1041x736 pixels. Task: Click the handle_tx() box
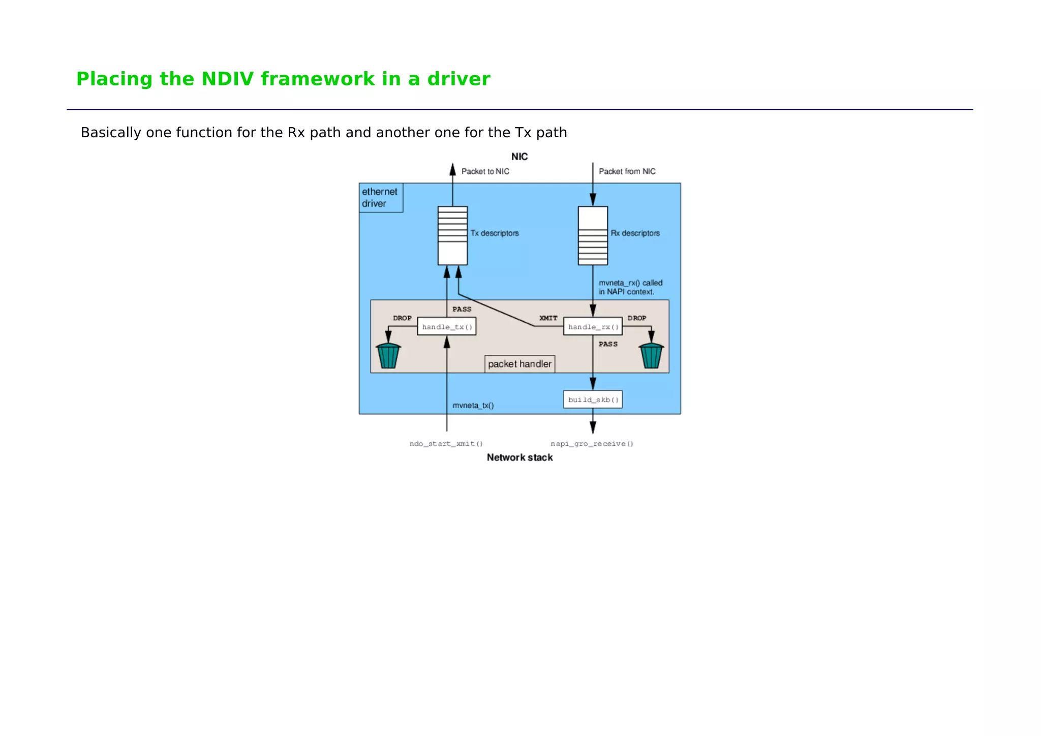click(x=446, y=326)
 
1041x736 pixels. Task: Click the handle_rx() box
click(x=593, y=326)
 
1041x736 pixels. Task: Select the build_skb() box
click(x=593, y=400)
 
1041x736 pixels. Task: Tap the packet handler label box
click(x=519, y=364)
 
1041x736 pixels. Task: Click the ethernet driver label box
click(x=380, y=198)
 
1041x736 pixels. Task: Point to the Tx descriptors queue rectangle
click(x=452, y=235)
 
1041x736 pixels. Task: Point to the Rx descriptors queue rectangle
click(x=593, y=235)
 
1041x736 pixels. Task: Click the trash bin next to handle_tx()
click(x=388, y=355)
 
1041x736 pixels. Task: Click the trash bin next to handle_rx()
click(x=651, y=355)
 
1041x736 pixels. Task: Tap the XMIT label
click(x=548, y=318)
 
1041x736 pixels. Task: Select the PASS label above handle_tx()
click(x=462, y=309)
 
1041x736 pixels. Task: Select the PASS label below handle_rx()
click(x=608, y=344)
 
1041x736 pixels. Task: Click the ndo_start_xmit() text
click(x=446, y=444)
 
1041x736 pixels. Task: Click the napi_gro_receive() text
click(x=592, y=444)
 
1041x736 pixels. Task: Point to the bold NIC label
click(x=519, y=157)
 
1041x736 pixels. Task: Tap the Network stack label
click(x=519, y=457)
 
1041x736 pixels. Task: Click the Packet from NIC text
click(x=627, y=171)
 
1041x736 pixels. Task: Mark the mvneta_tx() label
click(x=473, y=406)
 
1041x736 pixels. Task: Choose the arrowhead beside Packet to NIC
click(x=452, y=170)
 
